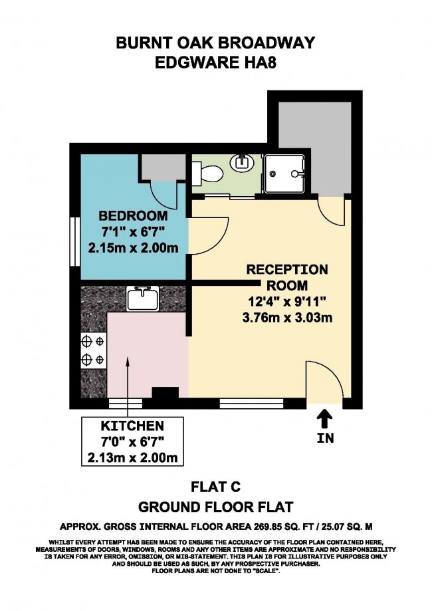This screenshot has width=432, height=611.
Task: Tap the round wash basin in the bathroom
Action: (x=241, y=163)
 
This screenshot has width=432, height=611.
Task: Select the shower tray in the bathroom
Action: (x=284, y=174)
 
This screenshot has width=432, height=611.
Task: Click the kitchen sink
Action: (x=143, y=298)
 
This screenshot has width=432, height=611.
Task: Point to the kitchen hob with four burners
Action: (x=94, y=350)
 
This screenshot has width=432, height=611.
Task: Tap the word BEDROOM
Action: (x=133, y=215)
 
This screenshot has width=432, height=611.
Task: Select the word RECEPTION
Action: (x=287, y=269)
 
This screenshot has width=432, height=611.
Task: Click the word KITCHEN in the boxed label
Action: (x=132, y=426)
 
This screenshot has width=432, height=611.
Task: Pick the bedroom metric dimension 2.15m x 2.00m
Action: (x=133, y=248)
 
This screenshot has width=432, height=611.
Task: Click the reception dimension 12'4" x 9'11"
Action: (x=287, y=301)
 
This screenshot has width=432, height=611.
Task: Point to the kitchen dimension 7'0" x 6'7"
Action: (x=132, y=441)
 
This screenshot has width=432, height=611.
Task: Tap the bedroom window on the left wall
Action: (x=75, y=241)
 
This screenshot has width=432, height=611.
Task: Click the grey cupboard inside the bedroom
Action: (x=162, y=167)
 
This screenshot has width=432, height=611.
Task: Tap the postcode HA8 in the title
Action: (x=261, y=62)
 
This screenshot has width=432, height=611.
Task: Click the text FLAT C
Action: (x=215, y=487)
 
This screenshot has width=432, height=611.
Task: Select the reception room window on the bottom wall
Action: (x=251, y=404)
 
